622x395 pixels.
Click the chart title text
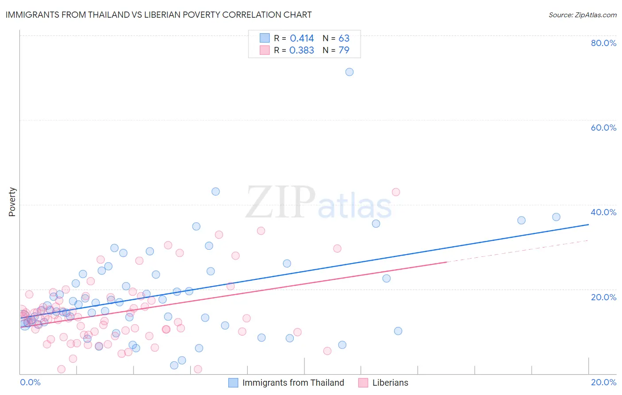[x=159, y=15]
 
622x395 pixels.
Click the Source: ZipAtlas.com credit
[x=582, y=15]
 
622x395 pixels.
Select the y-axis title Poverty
[x=12, y=202]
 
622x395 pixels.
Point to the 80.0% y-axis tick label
[x=603, y=43]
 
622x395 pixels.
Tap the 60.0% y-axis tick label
[x=603, y=128]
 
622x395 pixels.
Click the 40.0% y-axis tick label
[x=603, y=212]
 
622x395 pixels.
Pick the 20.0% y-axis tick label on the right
[x=603, y=297]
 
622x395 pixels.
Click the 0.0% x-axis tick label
[x=30, y=382]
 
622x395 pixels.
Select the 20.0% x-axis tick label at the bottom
[x=603, y=382]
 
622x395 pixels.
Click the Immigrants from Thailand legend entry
[x=293, y=383]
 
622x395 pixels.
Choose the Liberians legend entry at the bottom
[x=390, y=383]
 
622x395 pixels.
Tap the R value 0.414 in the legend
[x=302, y=39]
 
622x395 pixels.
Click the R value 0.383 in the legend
[x=302, y=50]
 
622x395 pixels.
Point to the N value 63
[x=344, y=39]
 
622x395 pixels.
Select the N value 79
[x=344, y=50]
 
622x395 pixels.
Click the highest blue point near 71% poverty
[x=349, y=72]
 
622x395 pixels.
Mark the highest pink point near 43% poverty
[x=396, y=192]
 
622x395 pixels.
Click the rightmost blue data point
[x=556, y=217]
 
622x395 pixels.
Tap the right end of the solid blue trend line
[x=588, y=225]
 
